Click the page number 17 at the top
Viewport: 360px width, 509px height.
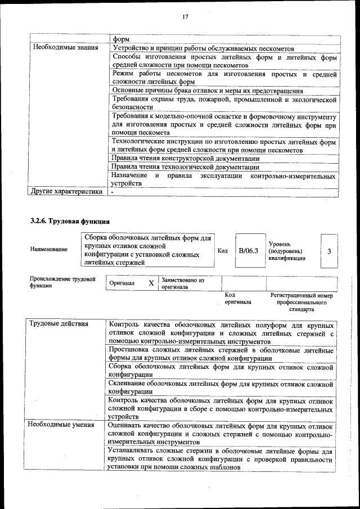point(184,17)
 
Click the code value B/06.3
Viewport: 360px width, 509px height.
point(248,251)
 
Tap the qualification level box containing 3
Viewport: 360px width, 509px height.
point(328,251)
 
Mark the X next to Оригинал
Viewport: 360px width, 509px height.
point(151,283)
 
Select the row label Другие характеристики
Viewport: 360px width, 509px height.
point(66,192)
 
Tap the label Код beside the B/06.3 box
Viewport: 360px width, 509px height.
point(222,251)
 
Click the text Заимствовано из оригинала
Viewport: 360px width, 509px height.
point(183,283)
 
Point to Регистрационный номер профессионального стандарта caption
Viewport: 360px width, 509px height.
point(301,302)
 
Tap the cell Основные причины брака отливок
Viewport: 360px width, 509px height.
point(207,90)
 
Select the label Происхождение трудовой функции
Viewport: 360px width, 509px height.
point(62,282)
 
